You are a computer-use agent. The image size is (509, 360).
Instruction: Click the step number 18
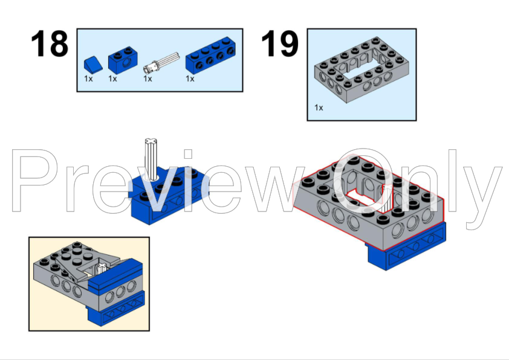point(50,43)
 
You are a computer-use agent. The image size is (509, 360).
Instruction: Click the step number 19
point(279,43)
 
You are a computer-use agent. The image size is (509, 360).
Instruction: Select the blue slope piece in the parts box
point(93,63)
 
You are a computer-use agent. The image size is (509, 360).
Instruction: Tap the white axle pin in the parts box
point(161,62)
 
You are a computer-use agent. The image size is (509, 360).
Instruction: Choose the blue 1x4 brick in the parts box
point(210,55)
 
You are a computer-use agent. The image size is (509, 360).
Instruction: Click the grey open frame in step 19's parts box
point(361,69)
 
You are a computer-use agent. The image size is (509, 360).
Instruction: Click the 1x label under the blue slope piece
point(88,79)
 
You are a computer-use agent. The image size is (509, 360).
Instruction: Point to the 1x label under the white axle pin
point(148,79)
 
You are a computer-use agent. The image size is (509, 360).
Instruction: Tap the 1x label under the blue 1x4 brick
point(190,79)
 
